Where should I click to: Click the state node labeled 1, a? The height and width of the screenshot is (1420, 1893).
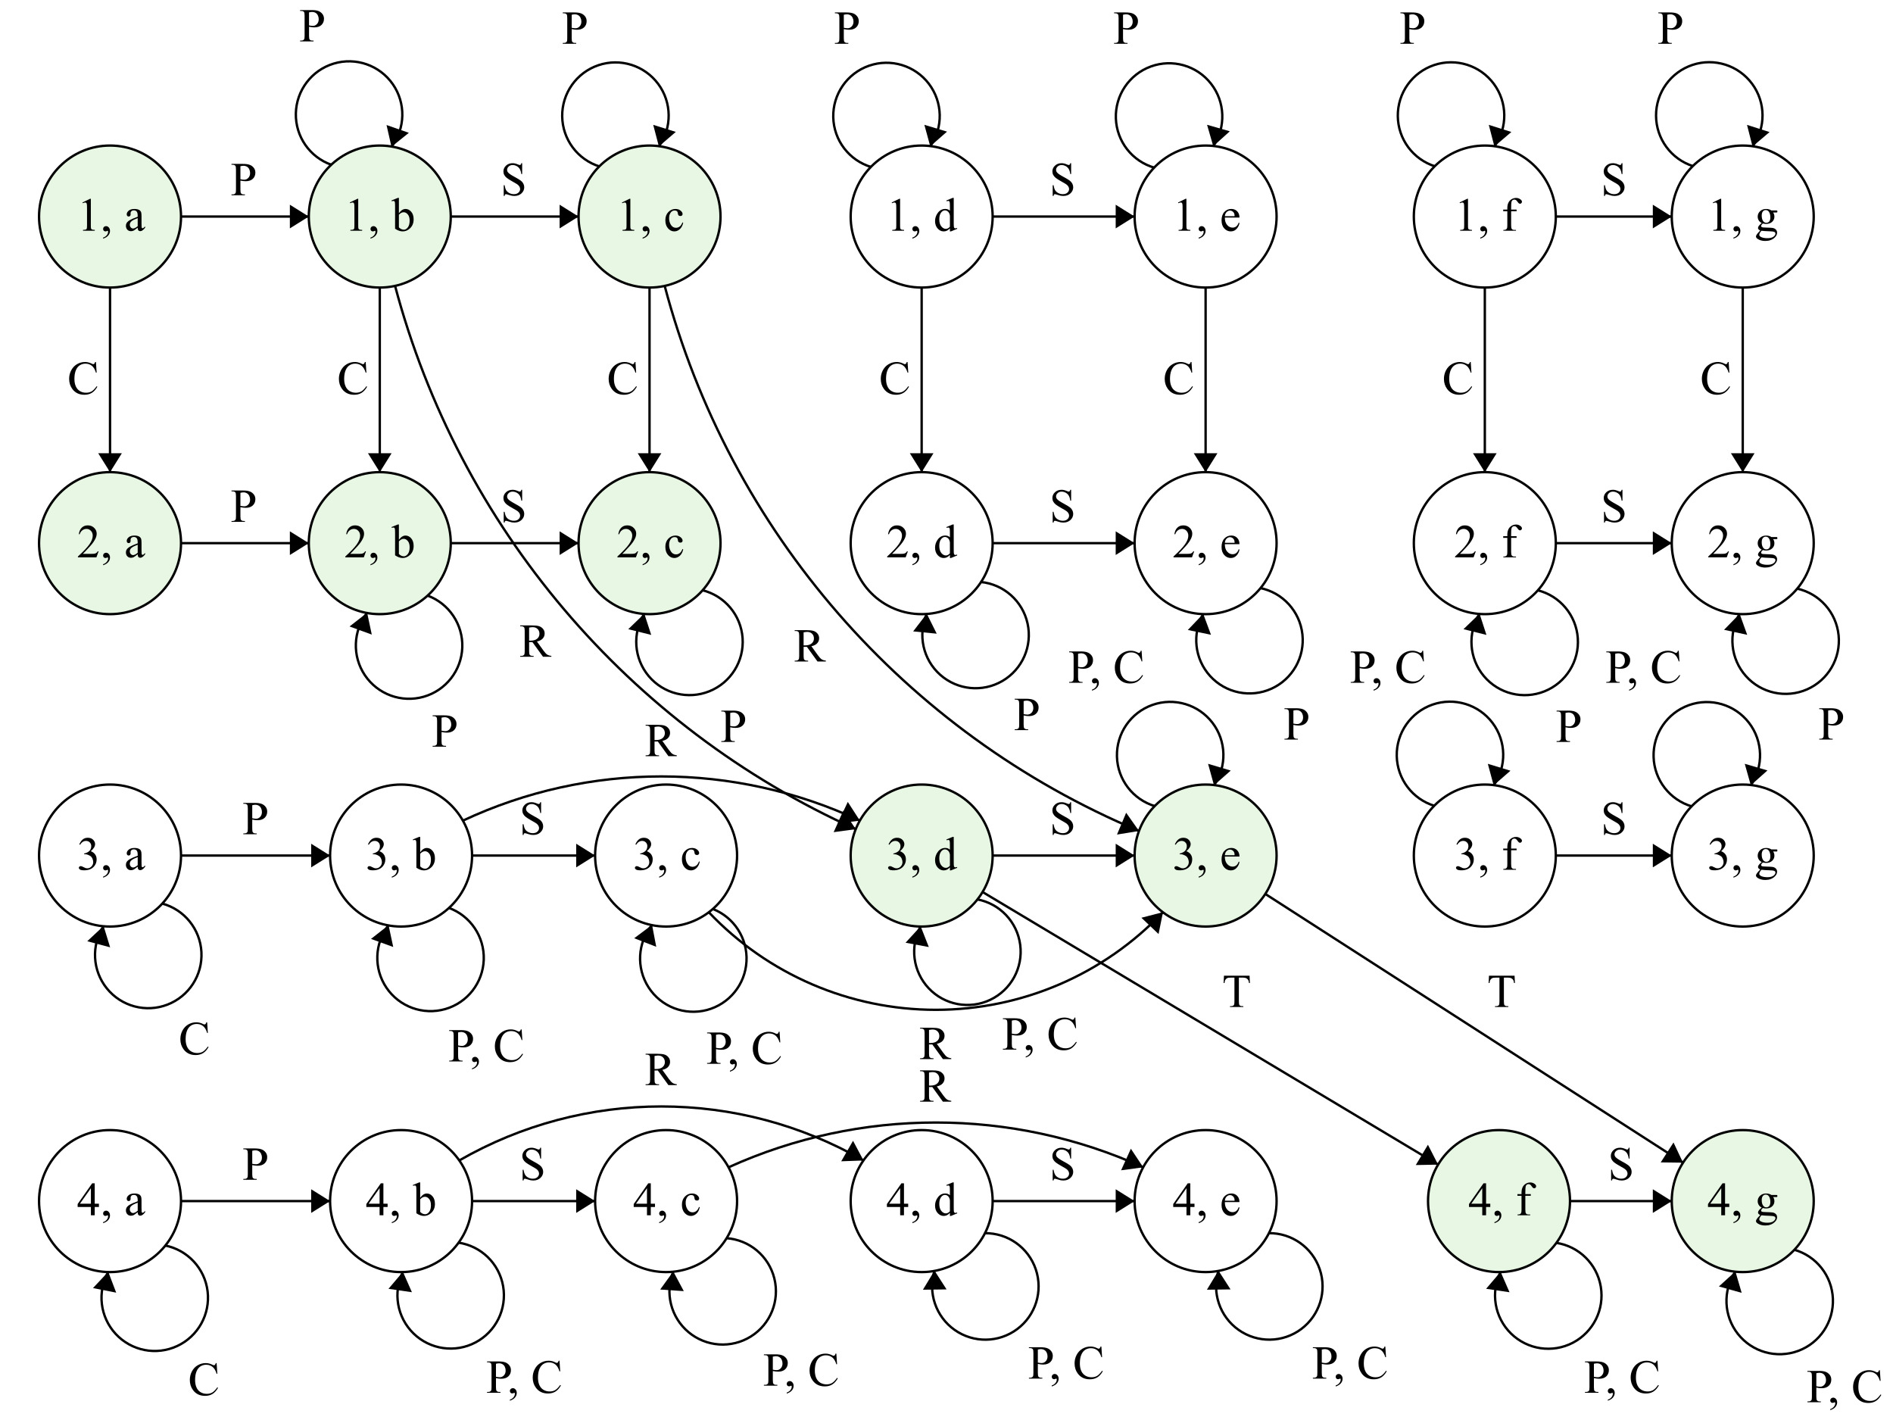pyautogui.click(x=110, y=217)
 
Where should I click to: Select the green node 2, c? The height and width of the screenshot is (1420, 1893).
pyautogui.click(x=650, y=543)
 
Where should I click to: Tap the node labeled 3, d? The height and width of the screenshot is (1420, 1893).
pyautogui.click(x=921, y=855)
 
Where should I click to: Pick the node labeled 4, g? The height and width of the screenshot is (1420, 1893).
pyautogui.click(x=1742, y=1201)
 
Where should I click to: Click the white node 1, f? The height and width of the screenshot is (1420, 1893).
pyautogui.click(x=1484, y=217)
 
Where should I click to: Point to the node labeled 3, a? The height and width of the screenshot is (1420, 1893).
pyautogui.click(x=110, y=855)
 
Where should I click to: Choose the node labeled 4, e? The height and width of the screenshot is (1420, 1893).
pyautogui.click(x=1205, y=1201)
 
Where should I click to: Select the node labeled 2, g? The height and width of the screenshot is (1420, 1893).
pyautogui.click(x=1742, y=543)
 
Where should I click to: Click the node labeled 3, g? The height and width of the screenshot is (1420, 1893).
pyautogui.click(x=1742, y=855)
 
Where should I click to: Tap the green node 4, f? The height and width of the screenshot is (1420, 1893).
pyautogui.click(x=1499, y=1201)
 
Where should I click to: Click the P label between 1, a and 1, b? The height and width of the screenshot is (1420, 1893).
pyautogui.click(x=244, y=180)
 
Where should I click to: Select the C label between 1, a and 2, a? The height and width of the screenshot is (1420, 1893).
pyautogui.click(x=83, y=379)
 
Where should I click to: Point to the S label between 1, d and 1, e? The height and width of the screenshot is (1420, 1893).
pyautogui.click(x=1062, y=180)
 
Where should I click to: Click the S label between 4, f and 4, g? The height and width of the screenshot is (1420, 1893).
pyautogui.click(x=1620, y=1165)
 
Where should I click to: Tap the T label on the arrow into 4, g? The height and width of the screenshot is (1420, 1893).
pyautogui.click(x=1502, y=992)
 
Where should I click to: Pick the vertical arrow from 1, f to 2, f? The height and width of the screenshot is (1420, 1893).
pyautogui.click(x=1484, y=379)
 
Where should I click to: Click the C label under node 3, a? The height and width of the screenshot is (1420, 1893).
pyautogui.click(x=195, y=1040)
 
